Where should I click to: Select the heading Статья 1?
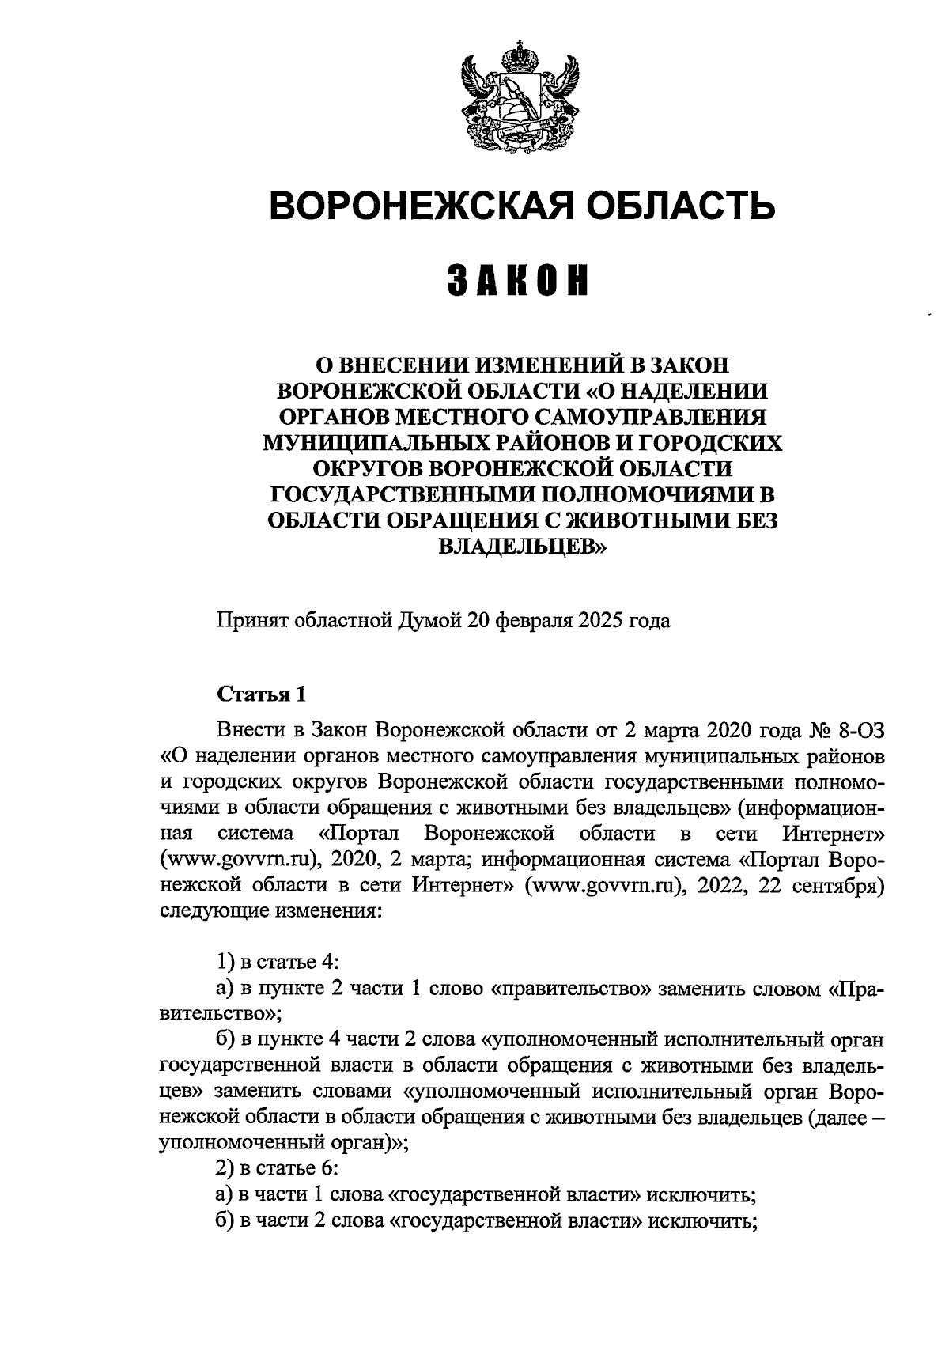click(260, 694)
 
